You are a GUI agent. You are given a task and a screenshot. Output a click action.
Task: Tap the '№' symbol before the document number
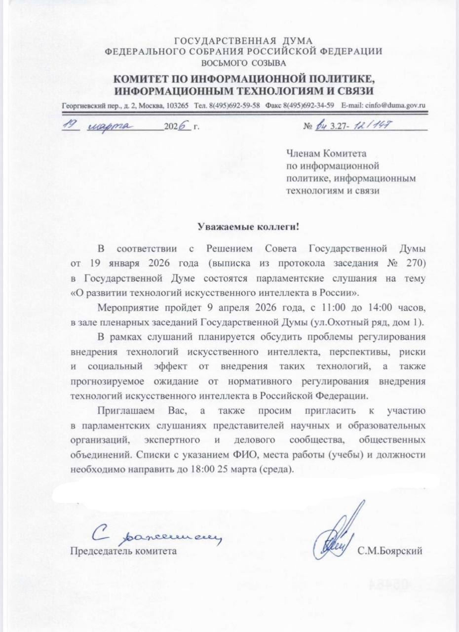[x=309, y=127]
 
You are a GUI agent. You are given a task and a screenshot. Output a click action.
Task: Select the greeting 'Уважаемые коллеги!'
[x=249, y=227]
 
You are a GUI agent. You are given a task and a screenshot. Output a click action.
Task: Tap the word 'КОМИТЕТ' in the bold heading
[x=143, y=79]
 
